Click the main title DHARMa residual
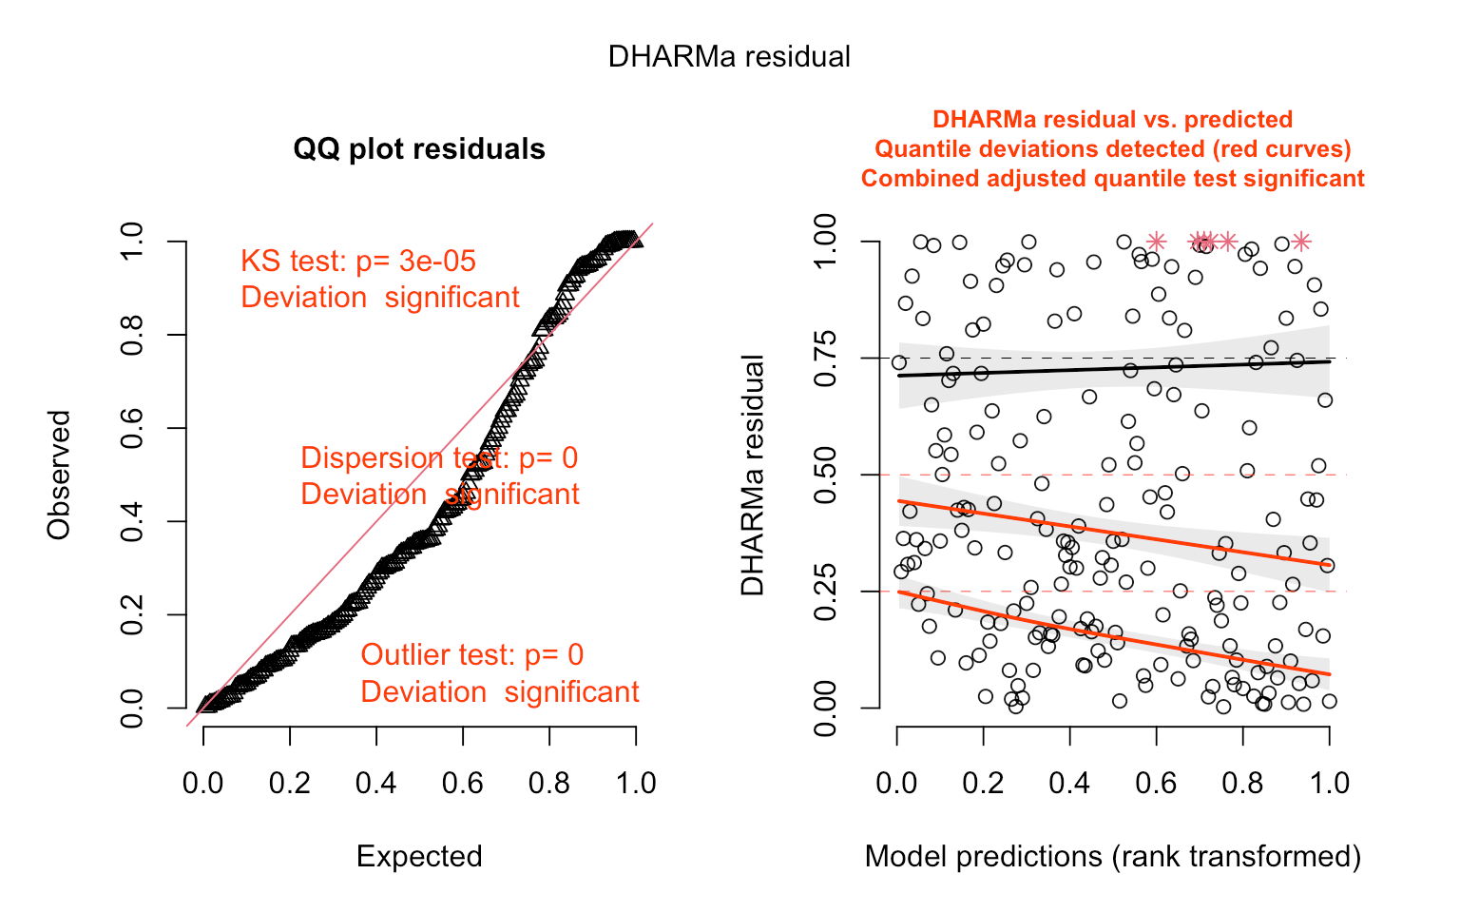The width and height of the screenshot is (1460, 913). tap(729, 57)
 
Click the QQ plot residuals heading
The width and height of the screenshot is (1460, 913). tap(419, 149)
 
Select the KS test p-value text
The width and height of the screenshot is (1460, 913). tap(358, 262)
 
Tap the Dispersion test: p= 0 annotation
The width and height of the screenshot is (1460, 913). tap(439, 458)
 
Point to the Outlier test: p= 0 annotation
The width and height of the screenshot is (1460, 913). tap(472, 655)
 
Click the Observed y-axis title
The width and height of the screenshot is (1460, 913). tap(59, 475)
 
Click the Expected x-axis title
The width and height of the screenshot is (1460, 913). tap(419, 857)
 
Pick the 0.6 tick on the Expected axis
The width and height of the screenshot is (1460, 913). tap(462, 784)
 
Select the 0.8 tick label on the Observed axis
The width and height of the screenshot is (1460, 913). tap(132, 335)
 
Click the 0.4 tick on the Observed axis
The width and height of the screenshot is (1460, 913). tap(132, 521)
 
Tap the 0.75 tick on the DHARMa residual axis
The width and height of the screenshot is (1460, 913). tap(825, 359)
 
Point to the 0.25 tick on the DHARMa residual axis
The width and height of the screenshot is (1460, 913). tap(825, 592)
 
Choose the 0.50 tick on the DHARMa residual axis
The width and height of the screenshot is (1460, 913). tap(825, 475)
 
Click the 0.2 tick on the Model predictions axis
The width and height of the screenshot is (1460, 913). tap(983, 784)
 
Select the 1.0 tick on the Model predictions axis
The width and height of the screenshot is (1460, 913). tap(1329, 784)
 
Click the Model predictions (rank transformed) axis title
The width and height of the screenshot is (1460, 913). tap(1113, 857)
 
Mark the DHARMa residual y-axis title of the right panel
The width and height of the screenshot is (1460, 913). tap(753, 475)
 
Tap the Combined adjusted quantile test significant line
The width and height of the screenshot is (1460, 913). tap(1113, 179)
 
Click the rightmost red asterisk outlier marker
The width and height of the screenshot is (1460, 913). tap(1301, 242)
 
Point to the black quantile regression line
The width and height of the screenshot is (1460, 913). tap(1113, 368)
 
